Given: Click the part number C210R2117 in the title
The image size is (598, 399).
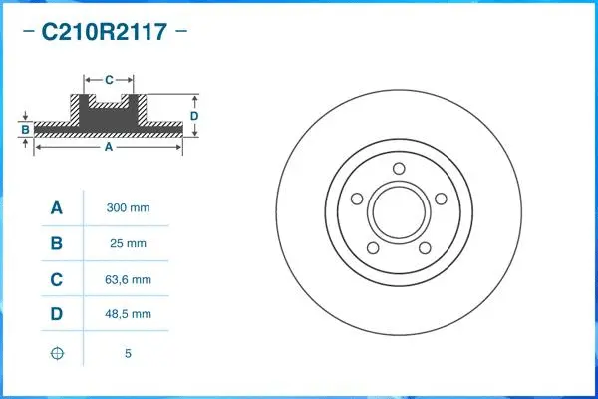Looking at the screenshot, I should click(103, 31).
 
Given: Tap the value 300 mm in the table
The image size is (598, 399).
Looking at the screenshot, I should click(128, 208).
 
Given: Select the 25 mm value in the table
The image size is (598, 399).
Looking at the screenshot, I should click(128, 243).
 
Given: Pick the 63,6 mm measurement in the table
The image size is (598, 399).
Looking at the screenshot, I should click(128, 279).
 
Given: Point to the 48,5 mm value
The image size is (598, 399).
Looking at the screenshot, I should click(128, 314).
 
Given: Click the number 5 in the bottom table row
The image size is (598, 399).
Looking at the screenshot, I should click(128, 353).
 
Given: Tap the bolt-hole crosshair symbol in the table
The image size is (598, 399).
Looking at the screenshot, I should click(57, 353).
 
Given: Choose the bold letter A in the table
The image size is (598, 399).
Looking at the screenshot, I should click(57, 208).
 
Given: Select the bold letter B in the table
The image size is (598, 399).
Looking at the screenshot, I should click(57, 243).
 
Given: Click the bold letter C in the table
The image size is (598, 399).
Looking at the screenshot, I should click(57, 279).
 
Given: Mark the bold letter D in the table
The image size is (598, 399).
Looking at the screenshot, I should click(57, 314).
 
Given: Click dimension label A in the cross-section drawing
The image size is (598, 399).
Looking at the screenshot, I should click(108, 147).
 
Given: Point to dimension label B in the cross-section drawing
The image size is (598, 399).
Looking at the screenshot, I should click(25, 130).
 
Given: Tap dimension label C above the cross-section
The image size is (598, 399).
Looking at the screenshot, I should click(109, 78).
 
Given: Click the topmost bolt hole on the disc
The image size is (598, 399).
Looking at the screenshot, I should click(399, 168).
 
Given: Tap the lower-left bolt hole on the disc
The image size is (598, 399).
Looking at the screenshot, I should click(373, 247).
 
